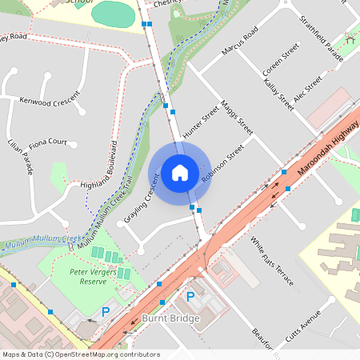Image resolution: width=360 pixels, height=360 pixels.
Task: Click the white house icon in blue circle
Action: point(180,171)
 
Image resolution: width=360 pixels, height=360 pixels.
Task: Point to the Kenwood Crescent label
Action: point(50,102)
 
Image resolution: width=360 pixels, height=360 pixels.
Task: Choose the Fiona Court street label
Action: point(48,142)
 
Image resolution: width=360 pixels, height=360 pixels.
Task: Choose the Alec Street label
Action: point(307,90)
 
